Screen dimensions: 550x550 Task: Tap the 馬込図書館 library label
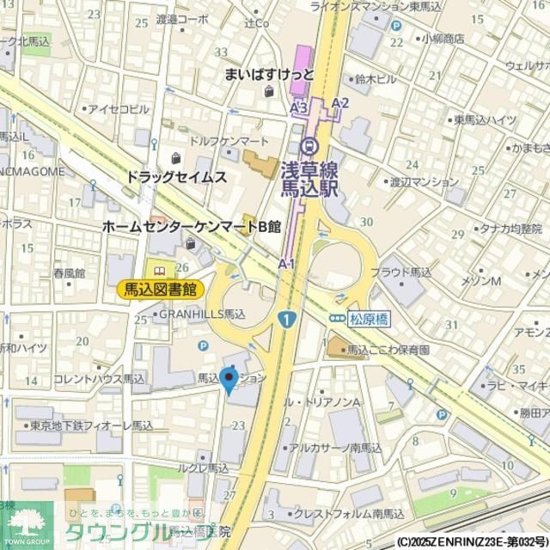pos(160,290)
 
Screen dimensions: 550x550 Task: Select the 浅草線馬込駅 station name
pos(310,180)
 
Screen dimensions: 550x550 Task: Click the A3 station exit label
pos(298,108)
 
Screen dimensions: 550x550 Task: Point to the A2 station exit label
pos(340,104)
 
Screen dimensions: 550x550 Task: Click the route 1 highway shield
pos(284,319)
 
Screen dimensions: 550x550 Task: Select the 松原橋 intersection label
pos(370,319)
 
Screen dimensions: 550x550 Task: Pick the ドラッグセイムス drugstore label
pos(175,177)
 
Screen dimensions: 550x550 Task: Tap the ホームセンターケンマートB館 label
pos(191,227)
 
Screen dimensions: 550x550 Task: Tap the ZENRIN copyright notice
pos(472,542)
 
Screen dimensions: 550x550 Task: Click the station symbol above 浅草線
pos(310,144)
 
